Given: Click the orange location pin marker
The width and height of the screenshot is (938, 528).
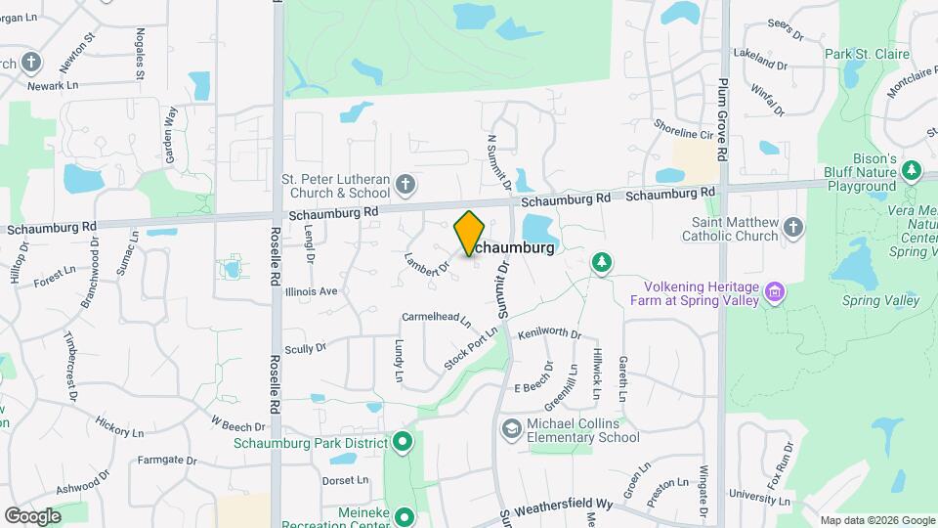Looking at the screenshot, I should pos(470,233).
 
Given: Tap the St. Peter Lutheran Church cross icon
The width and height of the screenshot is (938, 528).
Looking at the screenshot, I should pos(405,184).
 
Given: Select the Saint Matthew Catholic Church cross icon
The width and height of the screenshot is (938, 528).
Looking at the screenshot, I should pos(793,229).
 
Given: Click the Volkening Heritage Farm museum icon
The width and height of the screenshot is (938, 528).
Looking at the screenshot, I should pos(776,291).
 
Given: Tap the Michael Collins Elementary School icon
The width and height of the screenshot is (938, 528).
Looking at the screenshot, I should pos(511,429).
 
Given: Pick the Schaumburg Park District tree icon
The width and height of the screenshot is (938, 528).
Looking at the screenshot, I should pos(403,443).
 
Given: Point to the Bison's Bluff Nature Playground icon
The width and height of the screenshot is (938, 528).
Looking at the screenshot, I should pos(912,171).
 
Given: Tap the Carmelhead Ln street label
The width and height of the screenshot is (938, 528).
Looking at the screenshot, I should pos(437,319).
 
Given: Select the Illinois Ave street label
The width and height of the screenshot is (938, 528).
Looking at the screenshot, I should pos(311,291).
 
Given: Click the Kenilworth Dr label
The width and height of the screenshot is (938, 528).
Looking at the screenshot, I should pos(549,334).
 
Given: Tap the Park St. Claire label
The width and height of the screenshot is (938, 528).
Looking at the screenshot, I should pos(867,55).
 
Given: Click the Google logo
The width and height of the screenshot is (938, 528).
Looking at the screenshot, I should pos(32,515).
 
